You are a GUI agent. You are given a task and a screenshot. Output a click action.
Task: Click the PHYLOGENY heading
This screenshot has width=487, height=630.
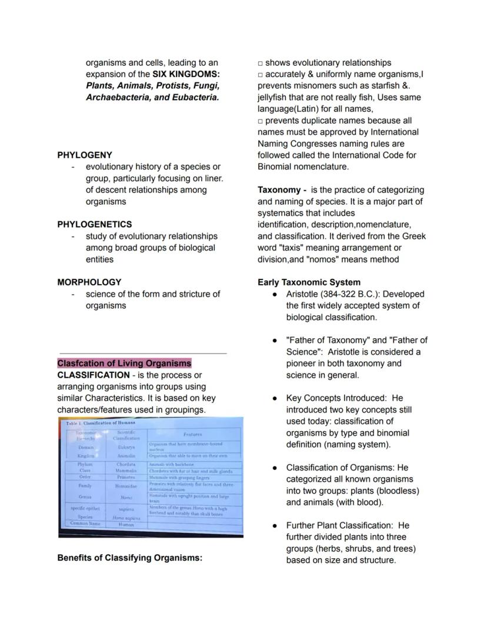tap(84, 155)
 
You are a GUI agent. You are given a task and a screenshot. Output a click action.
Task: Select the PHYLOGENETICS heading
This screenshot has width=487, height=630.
tap(94, 224)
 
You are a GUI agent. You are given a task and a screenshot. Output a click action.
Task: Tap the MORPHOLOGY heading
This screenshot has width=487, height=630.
tap(89, 282)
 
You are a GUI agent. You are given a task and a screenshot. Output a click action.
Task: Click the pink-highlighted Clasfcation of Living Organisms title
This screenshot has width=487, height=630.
tap(124, 363)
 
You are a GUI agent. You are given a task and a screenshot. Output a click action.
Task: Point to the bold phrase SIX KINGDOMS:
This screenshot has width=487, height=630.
tap(186, 74)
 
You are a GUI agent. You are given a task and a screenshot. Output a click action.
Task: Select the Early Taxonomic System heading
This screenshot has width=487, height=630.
tap(309, 282)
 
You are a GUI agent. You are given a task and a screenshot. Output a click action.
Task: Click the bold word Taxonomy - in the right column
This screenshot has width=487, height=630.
tap(282, 190)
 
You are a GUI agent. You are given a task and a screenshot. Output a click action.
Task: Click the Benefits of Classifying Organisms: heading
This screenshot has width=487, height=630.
tap(129, 558)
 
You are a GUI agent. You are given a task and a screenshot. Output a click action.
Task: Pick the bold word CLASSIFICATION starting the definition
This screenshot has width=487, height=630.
tap(93, 375)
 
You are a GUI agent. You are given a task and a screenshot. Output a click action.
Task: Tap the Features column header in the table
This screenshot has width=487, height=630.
tap(192, 434)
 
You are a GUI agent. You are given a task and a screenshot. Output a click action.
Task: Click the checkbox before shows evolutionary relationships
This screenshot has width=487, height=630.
tap(261, 63)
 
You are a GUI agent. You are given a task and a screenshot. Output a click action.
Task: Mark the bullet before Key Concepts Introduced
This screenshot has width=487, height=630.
tap(275, 398)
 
